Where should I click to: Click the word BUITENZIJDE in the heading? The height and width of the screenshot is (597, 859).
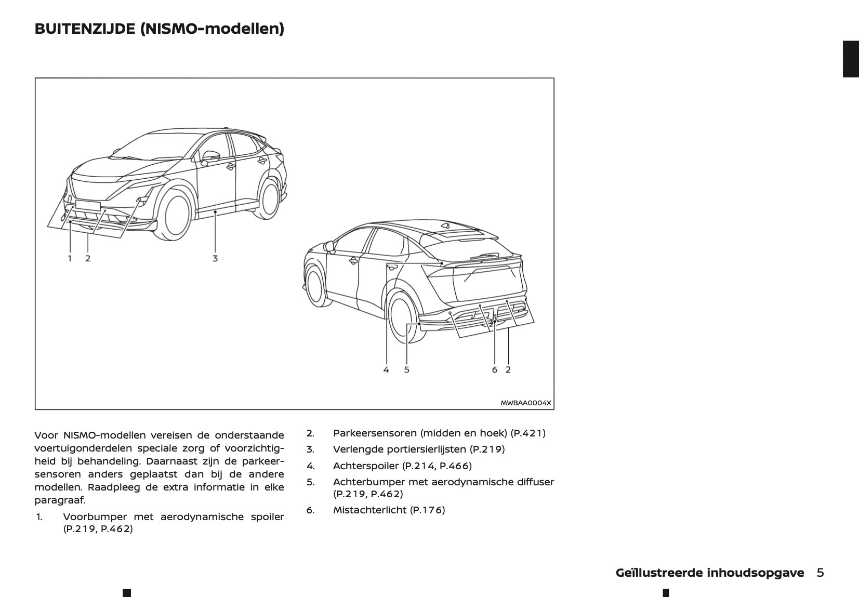point(85,29)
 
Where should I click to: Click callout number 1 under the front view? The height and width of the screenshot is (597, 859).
point(70,258)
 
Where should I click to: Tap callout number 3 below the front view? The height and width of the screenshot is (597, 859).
point(215,258)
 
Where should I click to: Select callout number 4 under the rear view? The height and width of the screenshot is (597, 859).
point(386,370)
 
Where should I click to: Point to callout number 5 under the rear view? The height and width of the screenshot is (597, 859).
point(406,370)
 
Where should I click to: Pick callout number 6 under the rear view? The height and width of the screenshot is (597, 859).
point(494,370)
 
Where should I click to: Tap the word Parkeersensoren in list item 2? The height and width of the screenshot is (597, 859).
point(374,433)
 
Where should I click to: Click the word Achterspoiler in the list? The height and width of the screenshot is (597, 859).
point(365,466)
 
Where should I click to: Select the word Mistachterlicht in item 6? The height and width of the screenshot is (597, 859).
point(369,510)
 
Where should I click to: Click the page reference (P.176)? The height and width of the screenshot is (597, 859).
point(428,510)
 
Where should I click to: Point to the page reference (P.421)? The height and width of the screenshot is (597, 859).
point(528,433)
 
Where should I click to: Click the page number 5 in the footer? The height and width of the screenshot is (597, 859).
point(820,573)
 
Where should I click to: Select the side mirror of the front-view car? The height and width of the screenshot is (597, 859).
point(210,156)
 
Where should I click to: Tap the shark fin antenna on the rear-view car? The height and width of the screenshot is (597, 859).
point(446,225)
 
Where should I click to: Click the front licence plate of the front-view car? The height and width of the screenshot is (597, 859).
point(88,205)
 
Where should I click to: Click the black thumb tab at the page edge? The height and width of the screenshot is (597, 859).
point(851,59)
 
